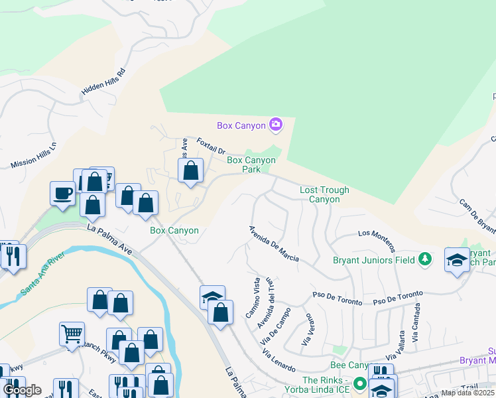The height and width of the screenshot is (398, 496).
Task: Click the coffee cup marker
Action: tap(62, 194)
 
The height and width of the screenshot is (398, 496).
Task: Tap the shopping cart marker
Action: tap(72, 334)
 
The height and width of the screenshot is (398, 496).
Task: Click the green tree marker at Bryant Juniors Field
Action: tap(425, 259)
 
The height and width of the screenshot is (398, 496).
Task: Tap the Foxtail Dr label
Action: tap(212, 147)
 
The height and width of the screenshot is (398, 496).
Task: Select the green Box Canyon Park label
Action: tap(251, 165)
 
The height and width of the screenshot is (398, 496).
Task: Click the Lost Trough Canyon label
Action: tap(324, 194)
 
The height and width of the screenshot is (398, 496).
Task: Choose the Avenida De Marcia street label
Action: tap(273, 243)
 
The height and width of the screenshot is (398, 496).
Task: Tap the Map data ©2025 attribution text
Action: tap(467, 393)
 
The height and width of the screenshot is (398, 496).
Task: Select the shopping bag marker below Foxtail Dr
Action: tap(190, 171)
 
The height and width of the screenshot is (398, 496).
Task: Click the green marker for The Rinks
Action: tap(359, 383)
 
